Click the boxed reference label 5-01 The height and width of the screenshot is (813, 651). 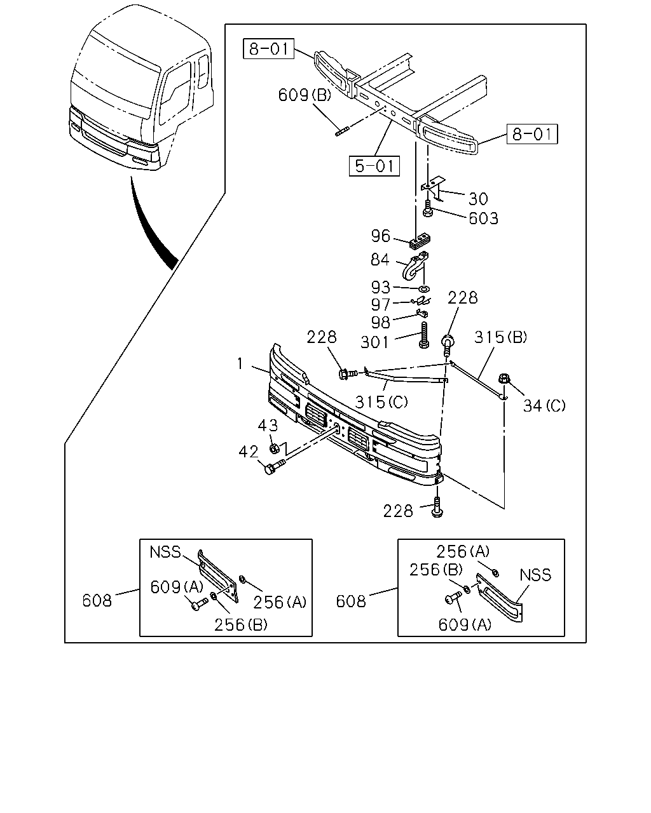click(x=374, y=166)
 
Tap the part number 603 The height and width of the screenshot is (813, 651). click(x=483, y=218)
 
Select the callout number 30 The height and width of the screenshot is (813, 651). click(x=478, y=199)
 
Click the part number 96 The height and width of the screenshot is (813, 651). click(x=381, y=236)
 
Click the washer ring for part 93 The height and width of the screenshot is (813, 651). click(x=424, y=289)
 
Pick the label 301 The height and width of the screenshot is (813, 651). click(x=374, y=342)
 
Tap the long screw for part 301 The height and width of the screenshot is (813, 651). click(x=424, y=335)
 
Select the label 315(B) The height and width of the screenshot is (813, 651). click(x=500, y=337)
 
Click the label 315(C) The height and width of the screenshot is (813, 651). click(x=381, y=402)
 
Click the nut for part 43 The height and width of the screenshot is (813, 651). click(x=274, y=448)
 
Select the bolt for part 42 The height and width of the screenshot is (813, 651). click(x=275, y=467)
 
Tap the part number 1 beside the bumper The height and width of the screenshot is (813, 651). click(x=240, y=363)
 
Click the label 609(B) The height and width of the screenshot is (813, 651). click(x=305, y=95)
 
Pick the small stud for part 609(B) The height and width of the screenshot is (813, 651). click(x=342, y=132)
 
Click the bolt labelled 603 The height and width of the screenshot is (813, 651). click(x=427, y=208)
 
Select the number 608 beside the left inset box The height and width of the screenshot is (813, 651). click(x=97, y=601)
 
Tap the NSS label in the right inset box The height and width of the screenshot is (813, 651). click(x=535, y=575)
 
